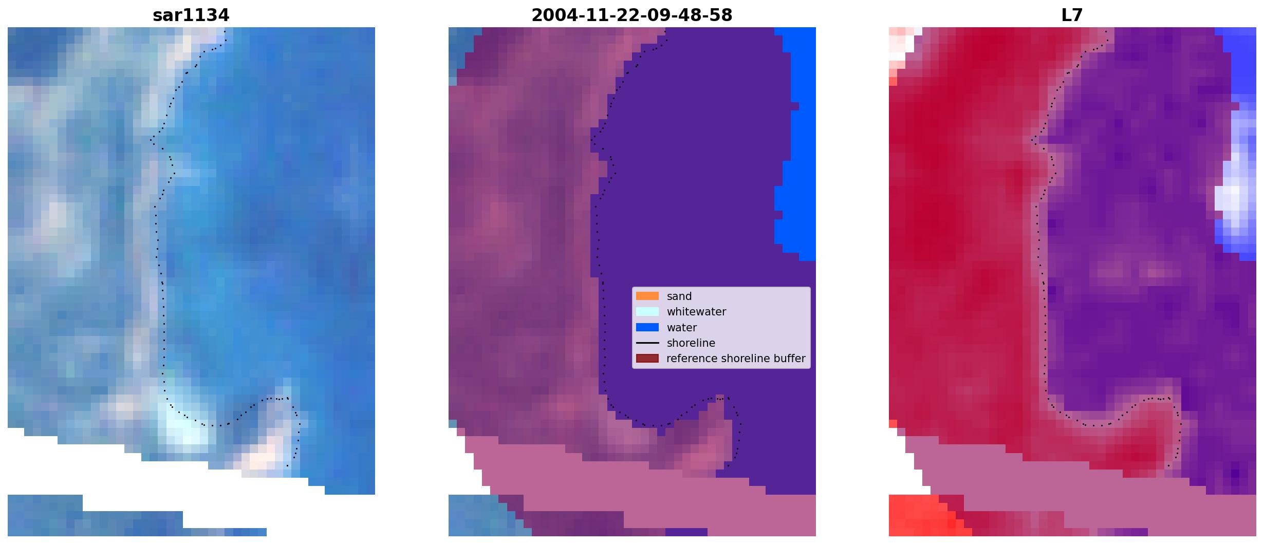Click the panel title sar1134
(x=191, y=15)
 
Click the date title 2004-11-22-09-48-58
(x=631, y=15)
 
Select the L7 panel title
(x=1072, y=15)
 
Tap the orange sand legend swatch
(x=647, y=296)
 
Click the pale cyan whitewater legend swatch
(x=647, y=311)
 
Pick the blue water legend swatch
(x=647, y=327)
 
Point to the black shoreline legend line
(x=647, y=343)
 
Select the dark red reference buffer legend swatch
(x=647, y=358)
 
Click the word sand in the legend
(x=679, y=296)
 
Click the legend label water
(x=681, y=328)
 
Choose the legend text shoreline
(x=691, y=343)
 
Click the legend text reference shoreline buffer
(x=736, y=359)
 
